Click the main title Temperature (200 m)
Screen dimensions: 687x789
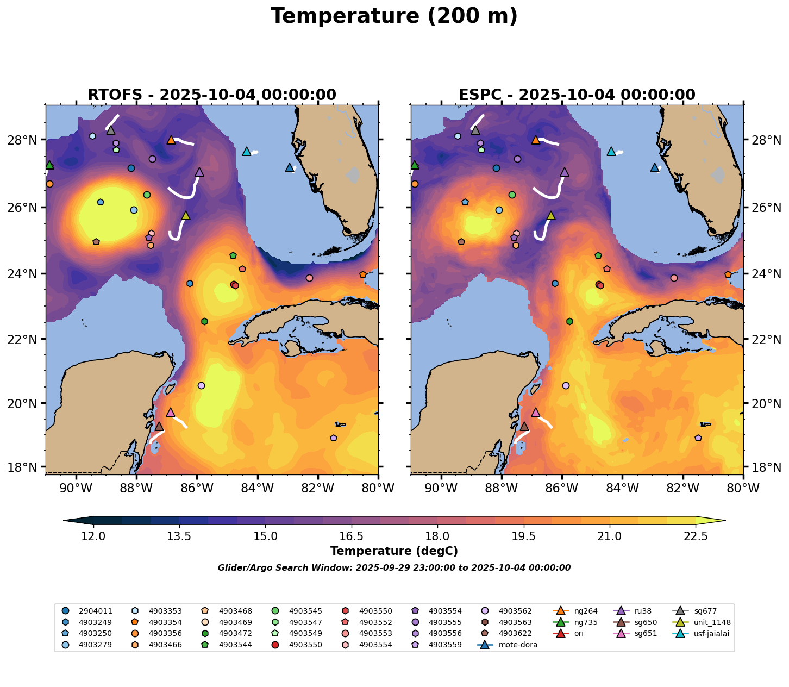pos(394,16)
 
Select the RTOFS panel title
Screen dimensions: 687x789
pos(212,95)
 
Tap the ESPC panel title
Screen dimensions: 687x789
pos(577,95)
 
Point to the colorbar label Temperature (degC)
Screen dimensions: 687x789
pos(394,551)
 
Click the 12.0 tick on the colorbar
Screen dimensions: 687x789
pos(93,536)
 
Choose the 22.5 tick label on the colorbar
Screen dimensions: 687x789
pos(696,536)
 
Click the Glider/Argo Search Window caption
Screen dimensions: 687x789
pos(394,568)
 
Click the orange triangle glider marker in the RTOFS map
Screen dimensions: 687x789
pos(171,140)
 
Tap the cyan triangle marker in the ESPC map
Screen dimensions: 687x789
pos(611,151)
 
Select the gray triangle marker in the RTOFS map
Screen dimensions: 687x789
pos(111,130)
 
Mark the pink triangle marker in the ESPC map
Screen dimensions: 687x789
pos(536,412)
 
